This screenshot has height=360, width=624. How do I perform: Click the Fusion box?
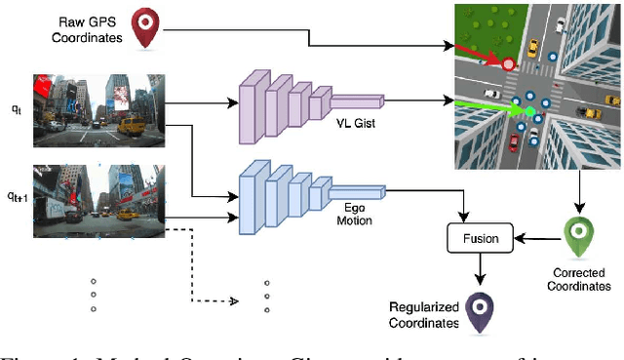pyautogui.click(x=480, y=237)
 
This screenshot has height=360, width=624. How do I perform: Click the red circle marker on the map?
pyautogui.click(x=507, y=64)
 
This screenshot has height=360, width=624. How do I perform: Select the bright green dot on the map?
pyautogui.click(x=530, y=112)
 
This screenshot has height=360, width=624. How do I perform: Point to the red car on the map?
pyautogui.click(x=514, y=143)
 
